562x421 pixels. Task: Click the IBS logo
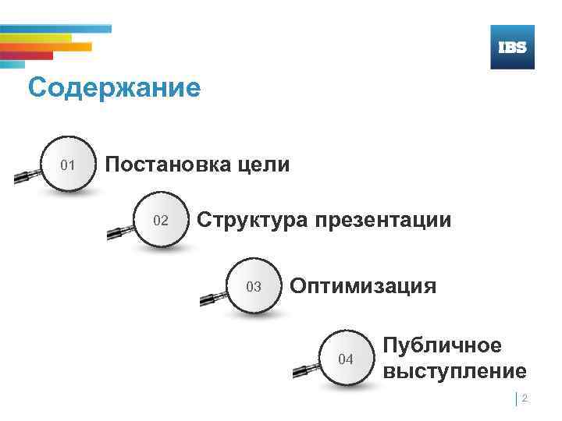(512, 48)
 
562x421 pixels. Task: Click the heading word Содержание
(114, 87)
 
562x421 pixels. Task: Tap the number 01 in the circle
(68, 165)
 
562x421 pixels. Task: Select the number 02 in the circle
(160, 221)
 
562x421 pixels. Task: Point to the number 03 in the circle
(254, 287)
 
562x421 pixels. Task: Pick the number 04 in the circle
(345, 359)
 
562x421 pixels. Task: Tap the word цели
(265, 165)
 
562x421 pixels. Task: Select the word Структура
(252, 220)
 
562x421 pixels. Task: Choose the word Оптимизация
(363, 286)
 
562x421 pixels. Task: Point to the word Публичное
(443, 345)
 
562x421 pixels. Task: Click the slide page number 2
(525, 398)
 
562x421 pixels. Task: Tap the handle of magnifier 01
(27, 177)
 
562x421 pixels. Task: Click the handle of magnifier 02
(118, 232)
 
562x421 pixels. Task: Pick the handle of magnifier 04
(303, 370)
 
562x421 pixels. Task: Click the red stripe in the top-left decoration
(27, 55)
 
